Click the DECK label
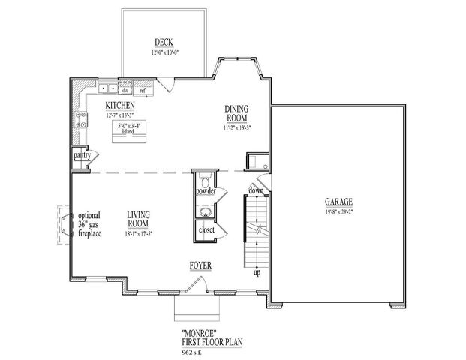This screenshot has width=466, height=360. coord(164,43)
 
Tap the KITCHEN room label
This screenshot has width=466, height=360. coord(120,106)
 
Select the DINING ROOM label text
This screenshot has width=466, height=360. coord(237,113)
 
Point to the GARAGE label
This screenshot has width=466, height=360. coord(339,202)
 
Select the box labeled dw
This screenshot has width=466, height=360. coord(127,90)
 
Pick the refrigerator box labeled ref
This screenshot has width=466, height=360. coord(142,90)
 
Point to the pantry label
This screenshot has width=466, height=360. coord(81,155)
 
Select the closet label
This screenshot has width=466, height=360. coord(206,229)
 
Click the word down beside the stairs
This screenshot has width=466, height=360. coord(256,191)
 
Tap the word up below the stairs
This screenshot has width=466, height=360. coord(257,271)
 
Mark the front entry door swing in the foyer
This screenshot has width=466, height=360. coord(197,283)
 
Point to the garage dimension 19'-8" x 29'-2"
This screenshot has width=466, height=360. coord(339,211)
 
